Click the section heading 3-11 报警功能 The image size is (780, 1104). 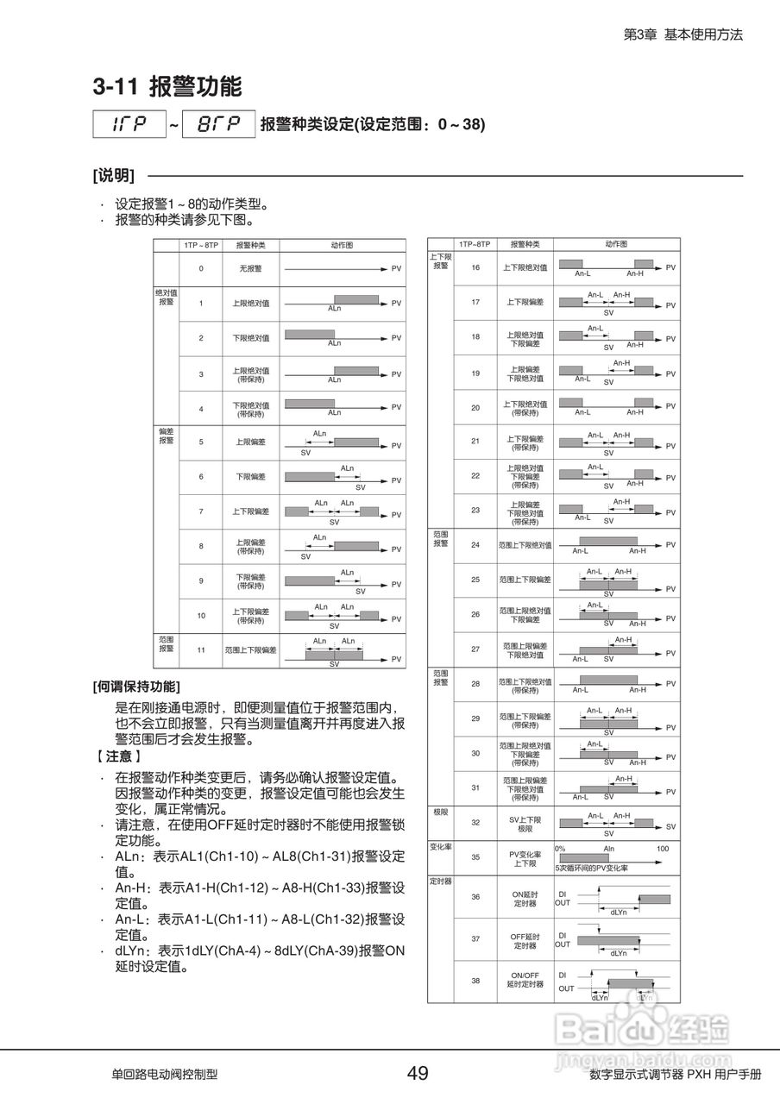[167, 87]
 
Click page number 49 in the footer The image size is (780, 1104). [418, 1074]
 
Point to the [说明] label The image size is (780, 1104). [113, 176]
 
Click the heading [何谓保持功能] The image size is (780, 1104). [136, 687]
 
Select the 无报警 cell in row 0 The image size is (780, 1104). [250, 269]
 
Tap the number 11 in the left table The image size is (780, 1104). [201, 650]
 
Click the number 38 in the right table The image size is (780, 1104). [475, 982]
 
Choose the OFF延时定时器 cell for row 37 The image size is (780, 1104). [525, 941]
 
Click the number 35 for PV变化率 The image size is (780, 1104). [475, 858]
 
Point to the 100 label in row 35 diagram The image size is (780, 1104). [663, 849]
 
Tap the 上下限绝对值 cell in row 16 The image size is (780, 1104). [525, 267]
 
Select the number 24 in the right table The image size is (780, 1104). [475, 545]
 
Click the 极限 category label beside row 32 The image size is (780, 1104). [440, 812]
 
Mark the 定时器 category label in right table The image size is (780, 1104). [441, 881]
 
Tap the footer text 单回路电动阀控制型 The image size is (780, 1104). [164, 1075]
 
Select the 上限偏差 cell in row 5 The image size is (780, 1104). [250, 442]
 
